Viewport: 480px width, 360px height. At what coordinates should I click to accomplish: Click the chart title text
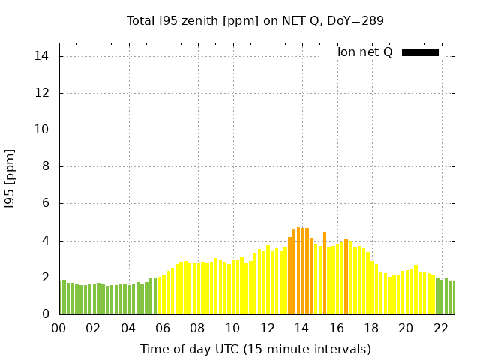click(255, 20)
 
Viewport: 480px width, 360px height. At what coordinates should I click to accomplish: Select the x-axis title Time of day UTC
click(255, 349)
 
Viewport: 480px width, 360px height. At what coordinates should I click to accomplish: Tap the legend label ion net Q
click(364, 52)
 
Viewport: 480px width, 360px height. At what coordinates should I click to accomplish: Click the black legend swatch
click(420, 52)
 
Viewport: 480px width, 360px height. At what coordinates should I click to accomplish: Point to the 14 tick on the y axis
click(41, 56)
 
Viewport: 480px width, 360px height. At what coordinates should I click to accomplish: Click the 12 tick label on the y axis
click(41, 93)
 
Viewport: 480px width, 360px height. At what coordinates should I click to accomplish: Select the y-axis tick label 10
click(41, 130)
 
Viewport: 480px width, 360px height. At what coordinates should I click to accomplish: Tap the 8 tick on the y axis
click(45, 166)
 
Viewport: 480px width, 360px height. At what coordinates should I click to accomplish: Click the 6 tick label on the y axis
click(45, 203)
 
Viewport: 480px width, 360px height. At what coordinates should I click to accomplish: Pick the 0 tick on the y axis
click(45, 314)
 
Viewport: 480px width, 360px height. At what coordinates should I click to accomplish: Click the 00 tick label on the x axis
click(58, 328)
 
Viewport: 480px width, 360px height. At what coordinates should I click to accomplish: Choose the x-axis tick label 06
click(163, 328)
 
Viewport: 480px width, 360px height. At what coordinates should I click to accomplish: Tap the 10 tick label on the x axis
click(232, 328)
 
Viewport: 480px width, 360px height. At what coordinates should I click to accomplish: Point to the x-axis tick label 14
click(301, 328)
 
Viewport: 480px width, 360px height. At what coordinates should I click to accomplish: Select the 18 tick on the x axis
click(371, 328)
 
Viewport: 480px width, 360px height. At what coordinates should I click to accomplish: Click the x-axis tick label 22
click(440, 328)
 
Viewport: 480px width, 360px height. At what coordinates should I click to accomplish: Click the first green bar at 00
click(61, 297)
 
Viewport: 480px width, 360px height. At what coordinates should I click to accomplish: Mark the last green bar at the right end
click(451, 298)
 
